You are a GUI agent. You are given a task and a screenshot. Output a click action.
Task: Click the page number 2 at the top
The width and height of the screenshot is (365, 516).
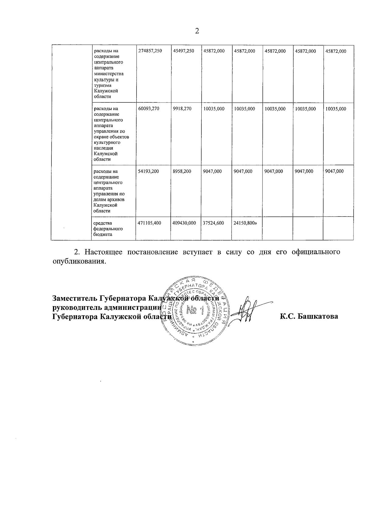(197, 31)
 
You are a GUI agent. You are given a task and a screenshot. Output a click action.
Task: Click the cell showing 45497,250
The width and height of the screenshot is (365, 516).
(183, 51)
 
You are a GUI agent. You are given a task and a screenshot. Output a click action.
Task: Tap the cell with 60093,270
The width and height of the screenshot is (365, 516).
(148, 109)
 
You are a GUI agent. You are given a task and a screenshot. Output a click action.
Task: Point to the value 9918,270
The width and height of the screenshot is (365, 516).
(182, 109)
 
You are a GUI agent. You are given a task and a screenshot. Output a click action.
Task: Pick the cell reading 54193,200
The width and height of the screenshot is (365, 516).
(148, 171)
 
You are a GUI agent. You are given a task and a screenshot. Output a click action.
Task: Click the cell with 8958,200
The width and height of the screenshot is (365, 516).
(182, 171)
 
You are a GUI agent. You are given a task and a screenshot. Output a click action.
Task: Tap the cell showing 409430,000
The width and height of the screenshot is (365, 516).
(184, 223)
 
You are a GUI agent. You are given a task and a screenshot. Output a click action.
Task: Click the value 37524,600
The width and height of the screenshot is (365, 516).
(214, 223)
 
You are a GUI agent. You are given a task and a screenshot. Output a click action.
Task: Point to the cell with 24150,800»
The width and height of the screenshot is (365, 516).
(245, 223)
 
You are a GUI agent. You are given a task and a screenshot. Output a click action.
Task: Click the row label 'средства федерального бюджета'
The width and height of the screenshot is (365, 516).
(108, 229)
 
